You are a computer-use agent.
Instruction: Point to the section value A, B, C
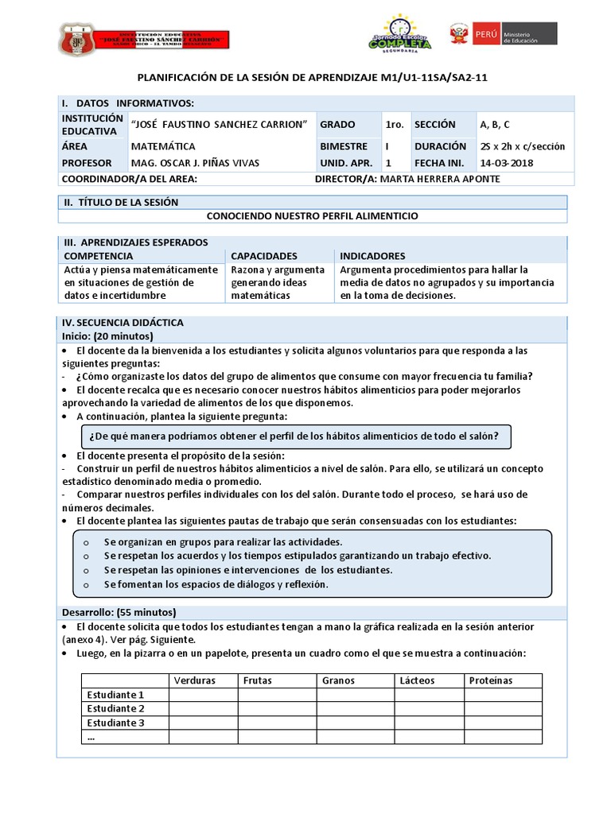coord(495,125)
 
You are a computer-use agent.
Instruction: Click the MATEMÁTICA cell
coord(163,146)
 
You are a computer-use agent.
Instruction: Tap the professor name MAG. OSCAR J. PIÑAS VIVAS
coord(195,163)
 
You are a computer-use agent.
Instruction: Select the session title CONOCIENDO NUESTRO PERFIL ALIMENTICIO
coord(312,215)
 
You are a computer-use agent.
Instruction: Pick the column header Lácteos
coord(418,680)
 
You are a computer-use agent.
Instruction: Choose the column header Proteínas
coord(491,680)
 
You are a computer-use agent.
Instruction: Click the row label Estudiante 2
coord(115,708)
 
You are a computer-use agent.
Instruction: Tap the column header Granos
coord(338,680)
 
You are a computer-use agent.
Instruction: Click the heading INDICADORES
coord(372,256)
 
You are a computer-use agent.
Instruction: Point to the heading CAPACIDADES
coord(264,256)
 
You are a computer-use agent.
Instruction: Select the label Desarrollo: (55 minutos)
coord(119,612)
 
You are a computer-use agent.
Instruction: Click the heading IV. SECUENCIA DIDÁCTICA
coord(123,322)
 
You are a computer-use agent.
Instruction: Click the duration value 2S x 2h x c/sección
coord(522,146)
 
